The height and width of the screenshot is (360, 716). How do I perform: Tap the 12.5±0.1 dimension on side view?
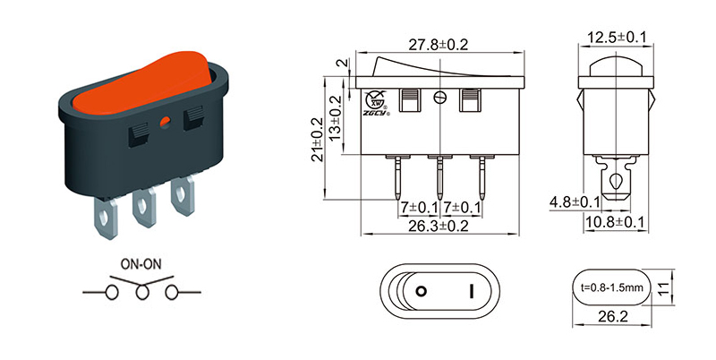[618, 38]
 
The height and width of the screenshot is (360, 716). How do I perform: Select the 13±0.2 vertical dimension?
[336, 115]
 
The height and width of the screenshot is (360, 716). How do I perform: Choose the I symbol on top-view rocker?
[470, 291]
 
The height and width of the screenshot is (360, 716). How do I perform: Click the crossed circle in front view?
[439, 99]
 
